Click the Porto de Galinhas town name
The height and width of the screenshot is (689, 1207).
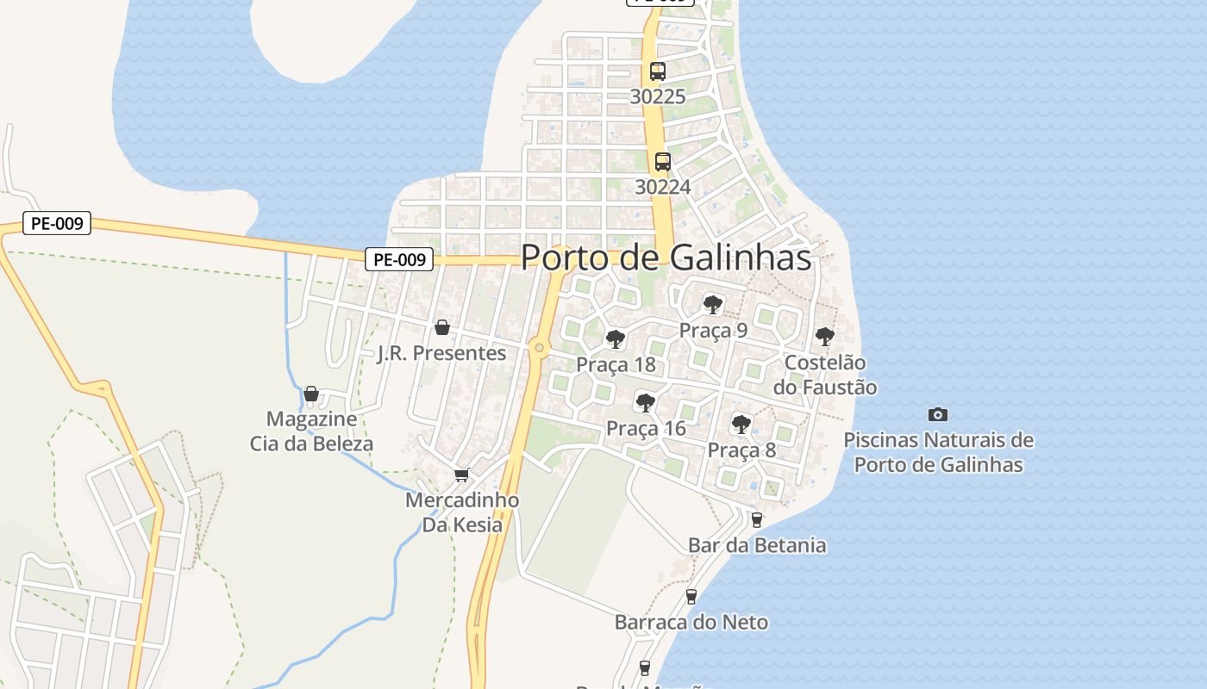(x=666, y=258)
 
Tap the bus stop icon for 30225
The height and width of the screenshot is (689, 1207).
(x=658, y=71)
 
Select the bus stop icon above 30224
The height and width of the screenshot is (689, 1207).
(x=662, y=161)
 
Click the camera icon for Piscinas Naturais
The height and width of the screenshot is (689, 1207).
(x=938, y=414)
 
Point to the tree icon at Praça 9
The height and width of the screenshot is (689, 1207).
(x=712, y=304)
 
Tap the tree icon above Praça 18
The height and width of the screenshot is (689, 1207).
(x=615, y=338)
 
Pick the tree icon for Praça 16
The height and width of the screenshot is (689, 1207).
(x=645, y=402)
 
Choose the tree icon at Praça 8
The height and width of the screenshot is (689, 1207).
(x=741, y=424)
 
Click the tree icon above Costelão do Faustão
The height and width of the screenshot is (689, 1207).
(x=824, y=336)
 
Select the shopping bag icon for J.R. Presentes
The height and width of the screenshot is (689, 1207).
(x=442, y=327)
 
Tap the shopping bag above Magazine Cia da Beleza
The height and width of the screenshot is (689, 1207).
(x=311, y=394)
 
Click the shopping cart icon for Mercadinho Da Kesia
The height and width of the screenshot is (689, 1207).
(x=462, y=475)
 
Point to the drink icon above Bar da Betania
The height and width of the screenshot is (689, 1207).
(x=756, y=519)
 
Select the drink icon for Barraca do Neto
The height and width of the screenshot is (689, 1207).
(x=691, y=596)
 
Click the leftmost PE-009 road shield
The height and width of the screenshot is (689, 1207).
(x=57, y=224)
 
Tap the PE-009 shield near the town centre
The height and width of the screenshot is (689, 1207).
(x=398, y=259)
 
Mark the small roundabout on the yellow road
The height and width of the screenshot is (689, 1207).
(x=540, y=348)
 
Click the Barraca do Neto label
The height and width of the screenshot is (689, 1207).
(x=691, y=622)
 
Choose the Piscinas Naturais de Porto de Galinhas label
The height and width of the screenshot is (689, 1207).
(x=938, y=452)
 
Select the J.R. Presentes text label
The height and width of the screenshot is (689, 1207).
(x=442, y=353)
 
